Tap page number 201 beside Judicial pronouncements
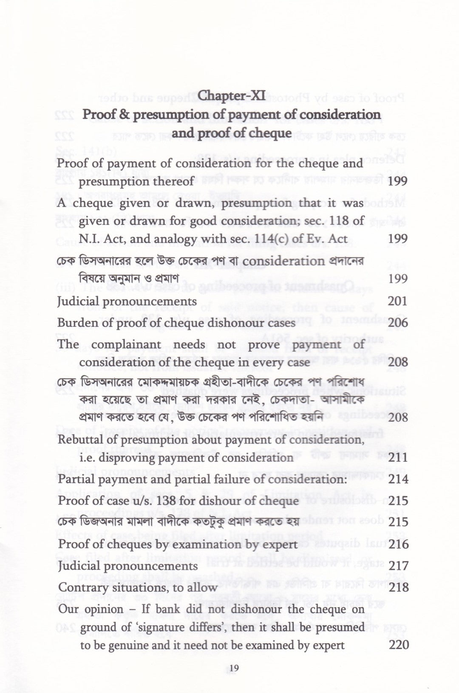coord(398,301)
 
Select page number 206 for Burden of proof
coord(398,323)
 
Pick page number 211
coord(398,458)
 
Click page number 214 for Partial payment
coord(398,479)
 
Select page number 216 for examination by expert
coord(398,544)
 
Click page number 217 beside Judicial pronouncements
coord(398,566)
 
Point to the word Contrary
coord(79,588)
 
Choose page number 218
coord(398,588)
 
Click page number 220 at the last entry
coord(399,645)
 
